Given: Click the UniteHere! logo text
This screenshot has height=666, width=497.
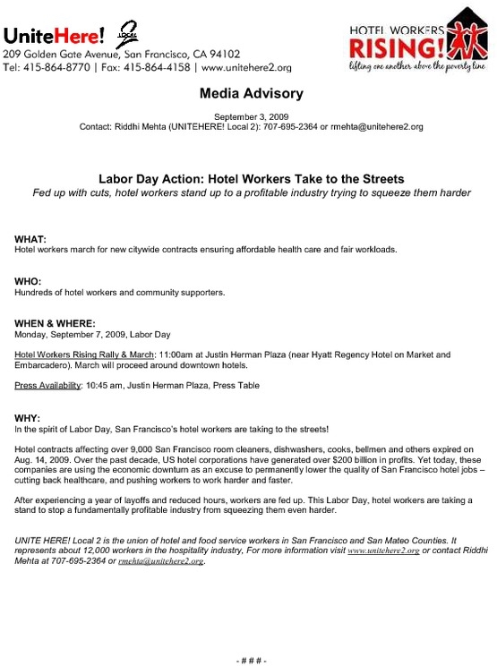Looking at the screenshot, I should pyautogui.click(x=54, y=35).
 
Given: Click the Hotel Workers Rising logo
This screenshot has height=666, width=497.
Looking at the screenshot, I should pyautogui.click(x=419, y=42).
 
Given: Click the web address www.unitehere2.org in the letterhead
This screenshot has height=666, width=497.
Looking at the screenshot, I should pyautogui.click(x=246, y=67).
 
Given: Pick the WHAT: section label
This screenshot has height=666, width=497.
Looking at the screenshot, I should pyautogui.click(x=30, y=239).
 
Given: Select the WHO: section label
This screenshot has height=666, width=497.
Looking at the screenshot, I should pyautogui.click(x=29, y=282).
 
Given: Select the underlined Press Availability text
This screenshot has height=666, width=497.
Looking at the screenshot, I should pyautogui.click(x=47, y=386).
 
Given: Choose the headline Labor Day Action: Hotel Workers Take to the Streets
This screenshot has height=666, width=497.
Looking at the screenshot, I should pyautogui.click(x=251, y=178).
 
